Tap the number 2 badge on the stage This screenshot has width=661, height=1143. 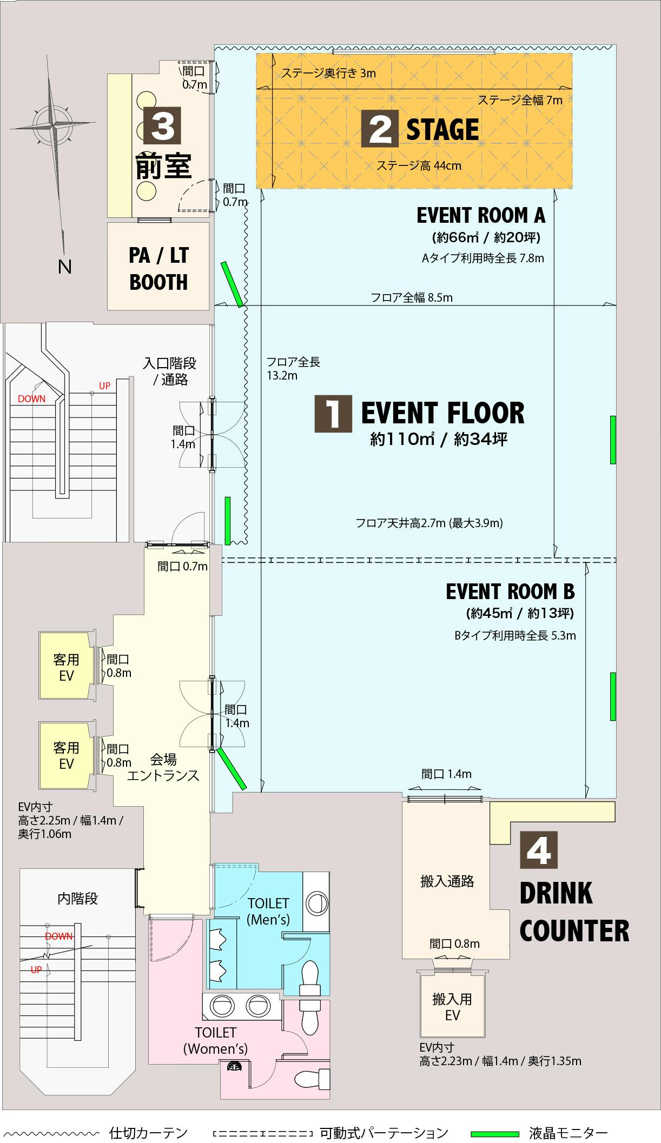[380, 129]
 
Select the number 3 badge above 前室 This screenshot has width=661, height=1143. [162, 125]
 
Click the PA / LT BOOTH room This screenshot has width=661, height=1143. [158, 267]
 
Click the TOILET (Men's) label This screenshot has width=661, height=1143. [268, 911]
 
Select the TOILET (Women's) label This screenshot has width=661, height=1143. [215, 1041]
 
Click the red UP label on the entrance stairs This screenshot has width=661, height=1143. [104, 386]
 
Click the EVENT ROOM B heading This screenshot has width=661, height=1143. [510, 592]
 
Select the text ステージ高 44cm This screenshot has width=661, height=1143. [419, 165]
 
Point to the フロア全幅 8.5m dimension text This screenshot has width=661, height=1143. [412, 297]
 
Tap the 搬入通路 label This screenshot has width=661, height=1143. [447, 882]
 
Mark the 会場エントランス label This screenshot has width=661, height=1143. [163, 767]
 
